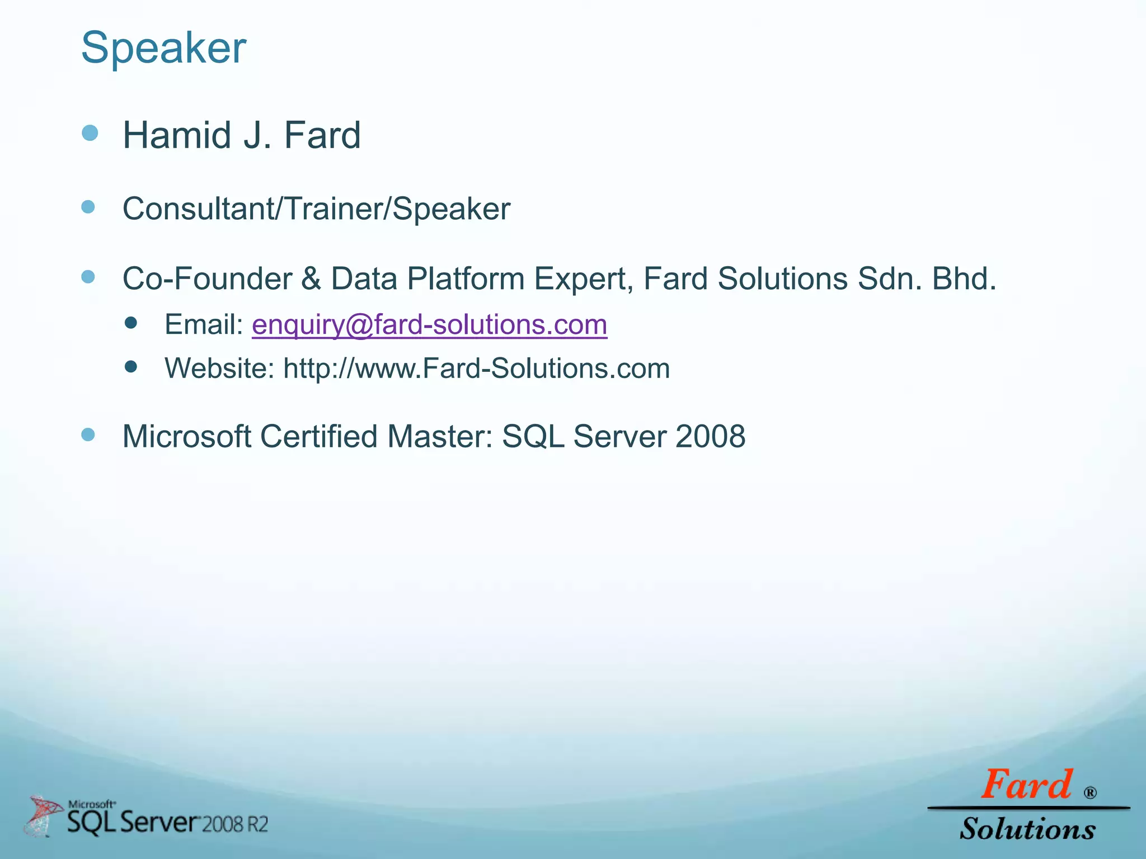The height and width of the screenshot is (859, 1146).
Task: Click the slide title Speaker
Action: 163,48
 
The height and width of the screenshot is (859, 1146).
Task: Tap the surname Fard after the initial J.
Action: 322,135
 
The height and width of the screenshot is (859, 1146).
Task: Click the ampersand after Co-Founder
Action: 311,279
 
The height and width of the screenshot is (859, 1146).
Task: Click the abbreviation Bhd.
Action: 964,279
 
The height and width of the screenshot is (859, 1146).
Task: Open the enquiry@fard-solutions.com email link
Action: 429,325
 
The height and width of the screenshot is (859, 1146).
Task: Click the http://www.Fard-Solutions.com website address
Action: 476,369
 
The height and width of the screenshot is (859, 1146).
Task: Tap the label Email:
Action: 204,325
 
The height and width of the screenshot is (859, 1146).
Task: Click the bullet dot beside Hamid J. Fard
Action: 90,133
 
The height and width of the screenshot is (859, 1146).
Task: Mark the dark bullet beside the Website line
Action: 131,367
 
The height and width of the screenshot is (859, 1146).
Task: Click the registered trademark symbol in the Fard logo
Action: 1090,792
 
